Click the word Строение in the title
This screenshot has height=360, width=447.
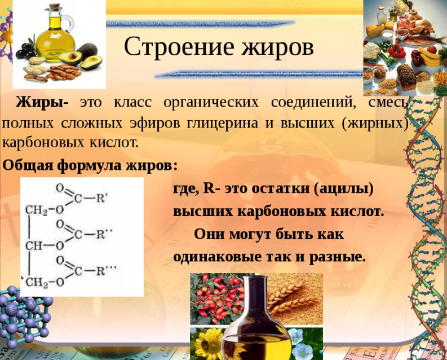[x=179, y=46]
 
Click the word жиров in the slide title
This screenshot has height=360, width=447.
[x=278, y=47]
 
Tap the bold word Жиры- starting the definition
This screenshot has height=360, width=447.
[x=42, y=102]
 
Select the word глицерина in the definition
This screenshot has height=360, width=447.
[x=222, y=123]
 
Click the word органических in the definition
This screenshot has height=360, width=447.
[x=211, y=102]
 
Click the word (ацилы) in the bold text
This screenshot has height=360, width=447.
[x=343, y=188]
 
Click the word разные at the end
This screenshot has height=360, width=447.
[x=337, y=257]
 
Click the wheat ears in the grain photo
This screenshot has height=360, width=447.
[x=294, y=298]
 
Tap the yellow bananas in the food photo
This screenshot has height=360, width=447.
[x=431, y=57]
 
